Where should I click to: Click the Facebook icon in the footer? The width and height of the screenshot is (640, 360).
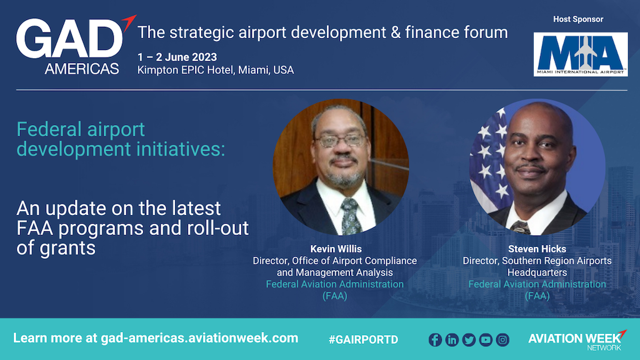click(x=435, y=339)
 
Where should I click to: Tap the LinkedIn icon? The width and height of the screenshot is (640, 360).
click(x=452, y=339)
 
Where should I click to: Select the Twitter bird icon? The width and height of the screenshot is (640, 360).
click(x=469, y=339)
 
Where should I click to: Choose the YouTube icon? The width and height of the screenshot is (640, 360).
click(x=486, y=339)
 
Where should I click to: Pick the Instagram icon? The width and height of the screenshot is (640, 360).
click(x=502, y=339)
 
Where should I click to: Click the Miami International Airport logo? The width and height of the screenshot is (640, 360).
click(x=581, y=54)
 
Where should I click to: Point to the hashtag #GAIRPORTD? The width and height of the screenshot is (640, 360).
click(x=363, y=339)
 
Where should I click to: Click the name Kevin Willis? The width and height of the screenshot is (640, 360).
click(x=336, y=249)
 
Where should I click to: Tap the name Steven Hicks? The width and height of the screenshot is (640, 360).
click(x=537, y=249)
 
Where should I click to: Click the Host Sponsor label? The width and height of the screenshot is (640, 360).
click(x=578, y=19)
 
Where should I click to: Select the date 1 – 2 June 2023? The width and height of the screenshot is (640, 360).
click(x=177, y=57)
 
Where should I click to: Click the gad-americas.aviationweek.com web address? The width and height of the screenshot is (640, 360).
click(x=199, y=338)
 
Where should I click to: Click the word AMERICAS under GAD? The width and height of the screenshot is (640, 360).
click(x=82, y=69)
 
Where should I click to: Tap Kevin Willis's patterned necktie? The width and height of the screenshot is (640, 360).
click(x=350, y=216)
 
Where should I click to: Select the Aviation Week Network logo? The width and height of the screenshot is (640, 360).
click(x=577, y=340)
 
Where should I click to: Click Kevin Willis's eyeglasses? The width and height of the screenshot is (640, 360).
click(x=339, y=141)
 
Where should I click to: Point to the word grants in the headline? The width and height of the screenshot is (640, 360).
click(x=67, y=248)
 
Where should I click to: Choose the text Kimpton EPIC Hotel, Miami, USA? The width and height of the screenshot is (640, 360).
click(x=216, y=70)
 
